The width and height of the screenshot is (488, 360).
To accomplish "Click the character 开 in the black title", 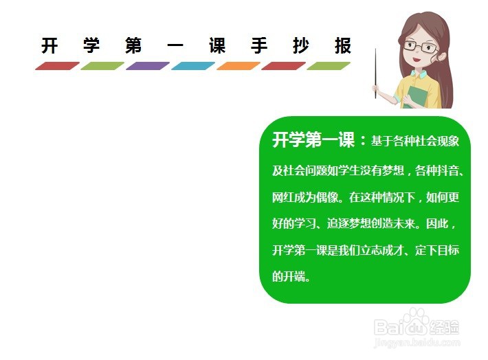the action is [x=49, y=46].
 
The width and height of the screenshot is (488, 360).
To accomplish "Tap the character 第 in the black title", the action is [x=133, y=46].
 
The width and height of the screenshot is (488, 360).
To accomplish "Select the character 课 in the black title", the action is [x=217, y=46].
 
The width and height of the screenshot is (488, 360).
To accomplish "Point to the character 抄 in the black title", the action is [x=301, y=46].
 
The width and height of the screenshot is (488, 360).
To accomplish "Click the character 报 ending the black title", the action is [x=343, y=46].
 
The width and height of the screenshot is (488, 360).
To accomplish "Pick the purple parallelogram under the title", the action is [x=148, y=66].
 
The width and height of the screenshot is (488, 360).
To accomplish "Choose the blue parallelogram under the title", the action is [x=193, y=66].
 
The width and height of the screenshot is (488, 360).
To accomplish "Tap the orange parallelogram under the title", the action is [x=239, y=66].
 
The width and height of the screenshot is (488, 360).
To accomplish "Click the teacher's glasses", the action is [x=420, y=47].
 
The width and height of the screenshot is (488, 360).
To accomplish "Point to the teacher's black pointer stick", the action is [x=376, y=74].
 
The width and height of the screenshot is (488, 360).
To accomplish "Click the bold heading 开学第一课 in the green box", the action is [x=313, y=139].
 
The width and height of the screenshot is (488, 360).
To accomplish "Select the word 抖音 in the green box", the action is [x=448, y=170].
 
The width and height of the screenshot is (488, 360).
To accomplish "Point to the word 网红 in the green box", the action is [x=283, y=197].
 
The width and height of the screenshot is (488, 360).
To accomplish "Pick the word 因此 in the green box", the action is [x=437, y=223].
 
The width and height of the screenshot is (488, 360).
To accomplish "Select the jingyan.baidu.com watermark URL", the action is [x=417, y=342].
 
